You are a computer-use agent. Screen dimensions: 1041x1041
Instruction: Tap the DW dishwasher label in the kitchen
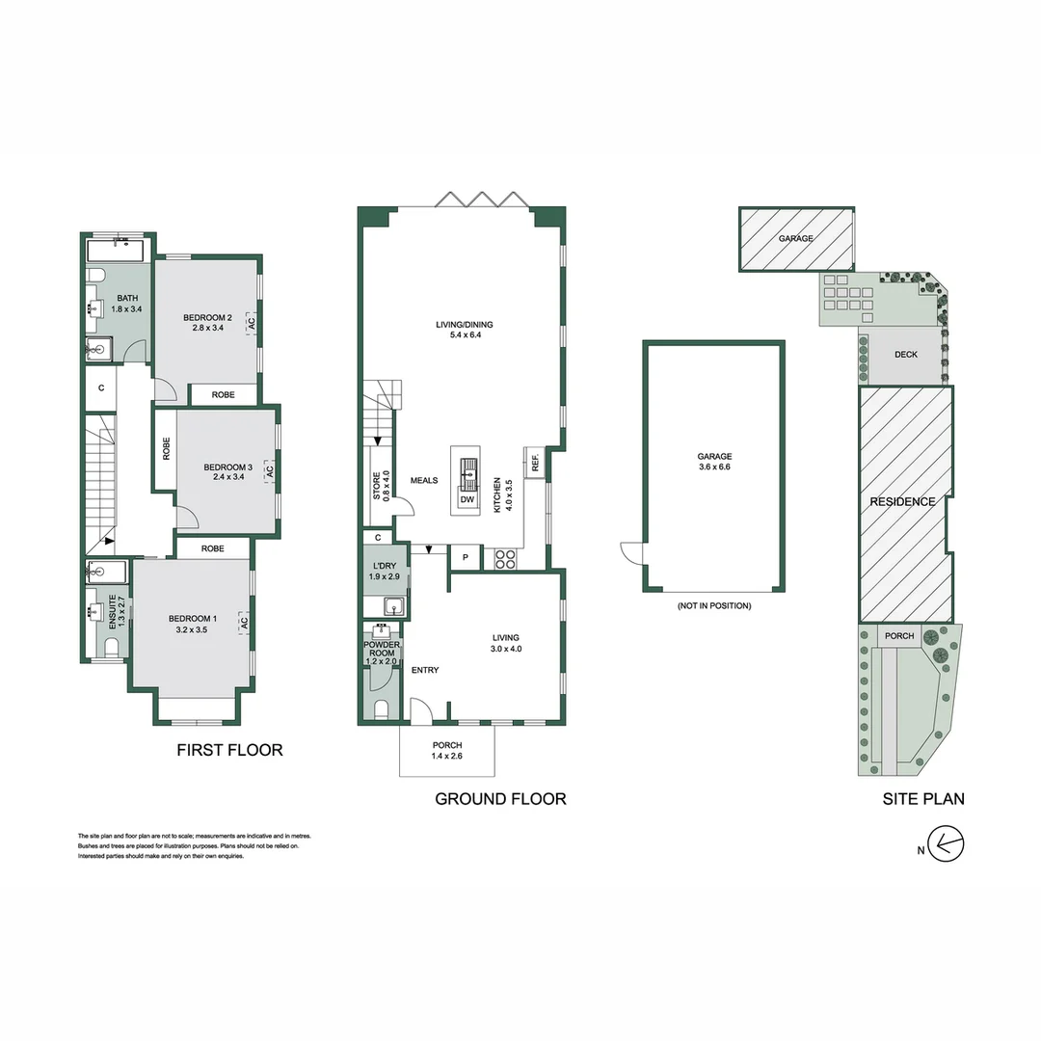[467, 499]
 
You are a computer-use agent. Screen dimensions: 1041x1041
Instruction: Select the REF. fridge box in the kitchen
[534, 463]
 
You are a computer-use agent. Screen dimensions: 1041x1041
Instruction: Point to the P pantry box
[466, 557]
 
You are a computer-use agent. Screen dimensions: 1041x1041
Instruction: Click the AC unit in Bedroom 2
[252, 324]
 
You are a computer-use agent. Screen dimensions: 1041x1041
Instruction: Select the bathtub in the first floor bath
[115, 251]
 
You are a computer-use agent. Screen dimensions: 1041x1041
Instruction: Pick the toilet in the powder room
[381, 711]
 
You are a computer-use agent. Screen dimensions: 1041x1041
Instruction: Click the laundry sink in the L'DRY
[393, 606]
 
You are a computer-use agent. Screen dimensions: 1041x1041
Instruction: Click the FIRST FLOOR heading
[229, 750]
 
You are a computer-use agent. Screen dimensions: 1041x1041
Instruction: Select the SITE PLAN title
[923, 798]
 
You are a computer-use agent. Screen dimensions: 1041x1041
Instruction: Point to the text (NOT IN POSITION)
[713, 605]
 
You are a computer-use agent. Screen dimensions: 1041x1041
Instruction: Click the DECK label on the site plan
[905, 354]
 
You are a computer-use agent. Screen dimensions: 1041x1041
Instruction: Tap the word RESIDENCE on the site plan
[902, 501]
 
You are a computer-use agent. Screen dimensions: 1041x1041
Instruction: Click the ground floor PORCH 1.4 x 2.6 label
[446, 750]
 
